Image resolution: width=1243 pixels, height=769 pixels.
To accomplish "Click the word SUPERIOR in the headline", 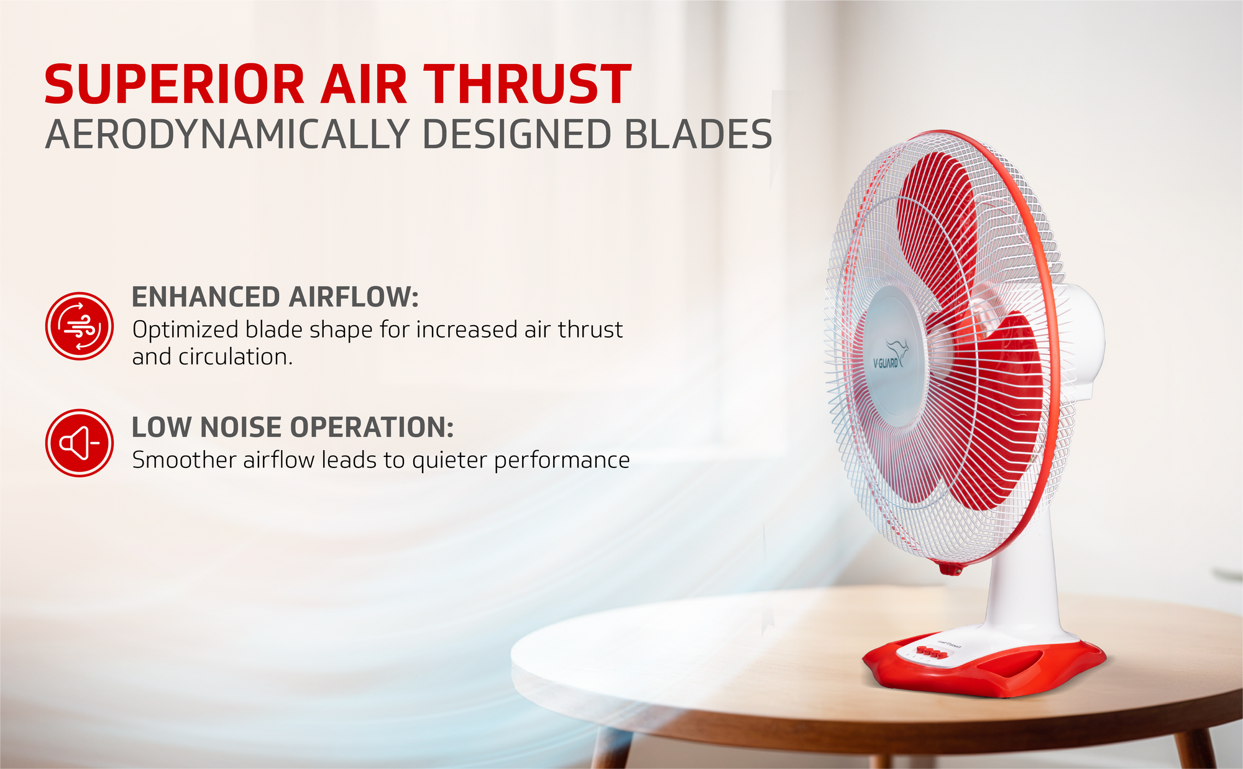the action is (x=174, y=85).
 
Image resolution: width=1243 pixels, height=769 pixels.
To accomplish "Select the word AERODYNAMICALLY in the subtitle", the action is (x=227, y=134).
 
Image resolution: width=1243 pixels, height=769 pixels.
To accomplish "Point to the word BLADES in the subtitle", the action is (x=698, y=134).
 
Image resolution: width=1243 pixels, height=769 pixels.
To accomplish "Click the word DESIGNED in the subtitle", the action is (x=516, y=134).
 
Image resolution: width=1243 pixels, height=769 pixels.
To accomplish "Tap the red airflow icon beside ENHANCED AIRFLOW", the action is (x=80, y=326).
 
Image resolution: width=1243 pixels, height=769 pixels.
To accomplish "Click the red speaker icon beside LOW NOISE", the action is (x=80, y=443).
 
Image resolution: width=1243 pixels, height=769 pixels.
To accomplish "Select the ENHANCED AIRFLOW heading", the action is (x=275, y=297).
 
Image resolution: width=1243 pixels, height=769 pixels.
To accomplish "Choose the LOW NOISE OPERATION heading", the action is (x=293, y=427).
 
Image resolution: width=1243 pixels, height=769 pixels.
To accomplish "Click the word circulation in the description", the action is (x=236, y=357).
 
